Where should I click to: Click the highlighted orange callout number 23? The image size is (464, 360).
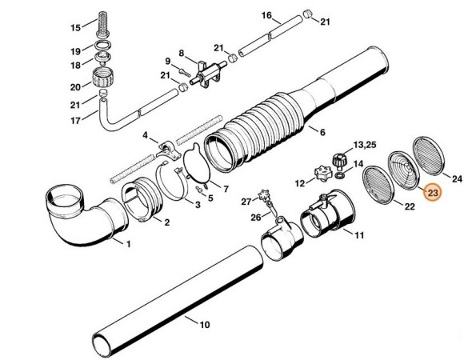(x=433, y=193)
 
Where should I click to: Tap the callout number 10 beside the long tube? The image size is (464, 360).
(x=205, y=325)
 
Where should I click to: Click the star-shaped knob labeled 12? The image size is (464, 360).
(x=322, y=172)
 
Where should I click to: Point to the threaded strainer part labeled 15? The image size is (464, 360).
(x=102, y=24)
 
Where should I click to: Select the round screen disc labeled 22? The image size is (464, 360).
(x=378, y=185)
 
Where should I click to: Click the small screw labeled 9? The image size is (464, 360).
(x=185, y=72)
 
